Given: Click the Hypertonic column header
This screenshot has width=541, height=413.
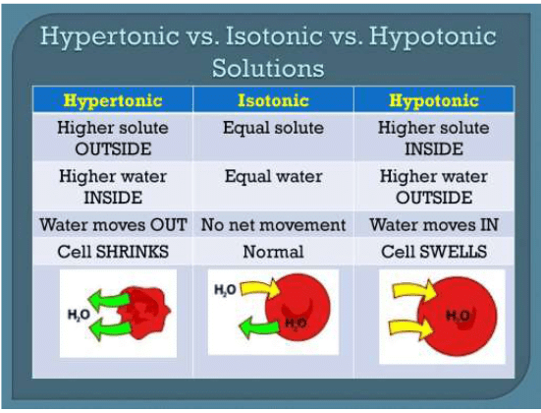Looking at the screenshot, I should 111,100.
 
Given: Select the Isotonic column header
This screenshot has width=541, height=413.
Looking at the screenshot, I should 274,100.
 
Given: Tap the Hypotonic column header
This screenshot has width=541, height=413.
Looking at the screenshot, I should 433,100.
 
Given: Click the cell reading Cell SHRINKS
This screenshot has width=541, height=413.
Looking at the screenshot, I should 111,252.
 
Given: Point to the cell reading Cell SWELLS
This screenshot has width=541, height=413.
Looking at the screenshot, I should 433,252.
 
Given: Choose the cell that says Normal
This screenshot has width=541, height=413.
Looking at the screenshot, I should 274,252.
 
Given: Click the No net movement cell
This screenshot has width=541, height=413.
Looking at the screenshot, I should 274,224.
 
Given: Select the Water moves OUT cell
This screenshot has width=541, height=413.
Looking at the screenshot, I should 111,224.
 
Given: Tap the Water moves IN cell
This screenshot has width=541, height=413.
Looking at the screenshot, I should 433,224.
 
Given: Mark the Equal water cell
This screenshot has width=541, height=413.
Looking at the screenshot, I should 274,177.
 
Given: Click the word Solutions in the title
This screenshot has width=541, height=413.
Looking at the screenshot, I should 270,69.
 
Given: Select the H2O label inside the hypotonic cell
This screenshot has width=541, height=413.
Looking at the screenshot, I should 458,315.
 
